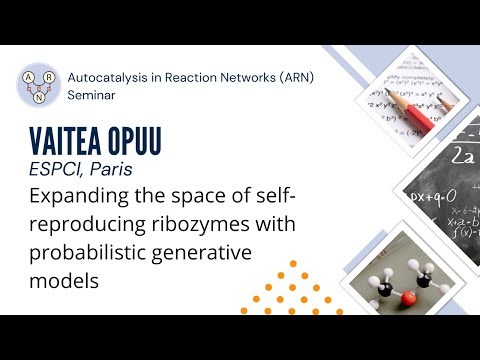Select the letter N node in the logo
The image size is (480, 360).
[38, 98]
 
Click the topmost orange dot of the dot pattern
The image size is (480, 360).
[293, 265]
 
